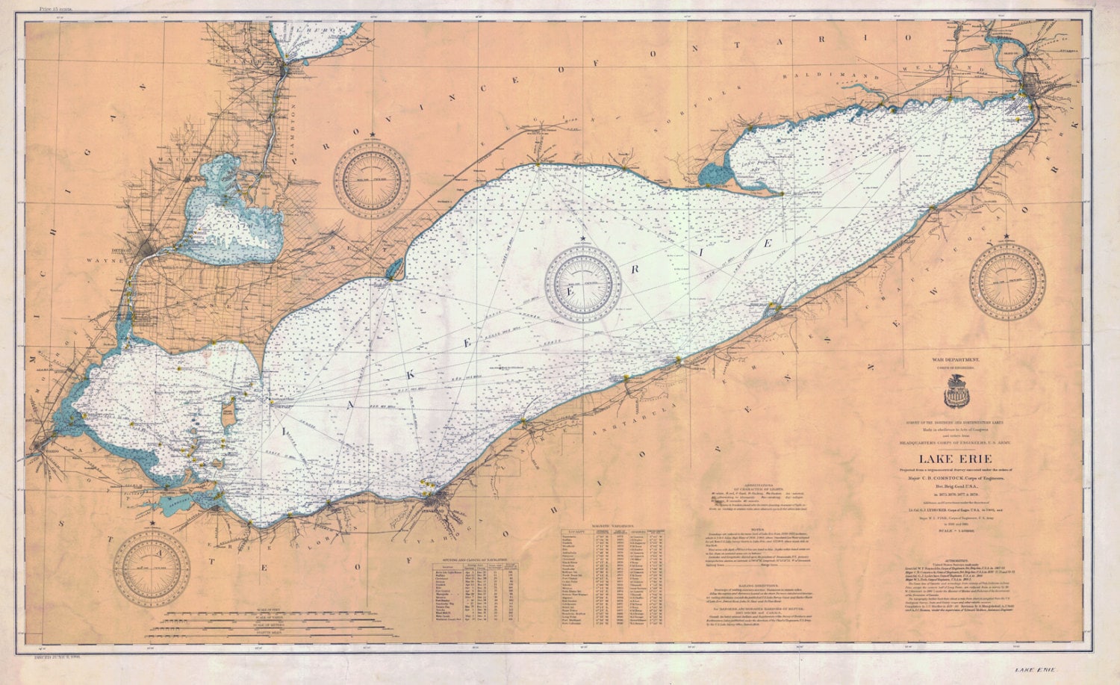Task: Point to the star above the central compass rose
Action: (582, 238)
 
